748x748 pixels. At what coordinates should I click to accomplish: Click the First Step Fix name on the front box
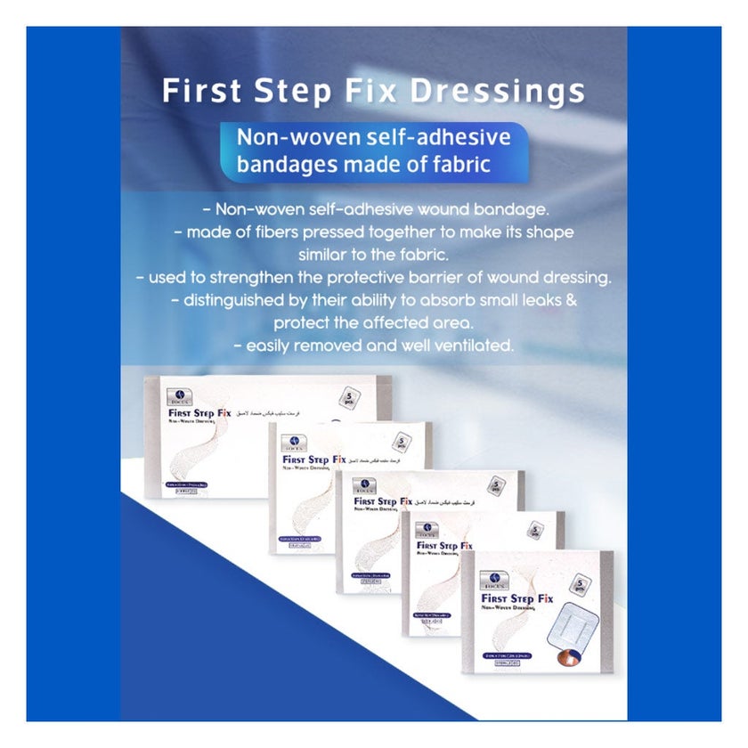coord(517,598)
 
